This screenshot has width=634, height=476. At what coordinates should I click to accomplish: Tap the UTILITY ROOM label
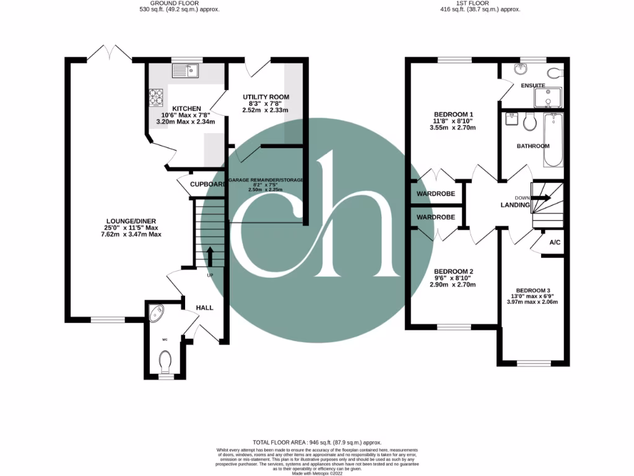[x=266, y=97]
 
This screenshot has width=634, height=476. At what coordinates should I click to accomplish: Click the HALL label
[x=205, y=307]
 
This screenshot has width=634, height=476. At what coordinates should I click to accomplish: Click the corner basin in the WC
[x=155, y=311]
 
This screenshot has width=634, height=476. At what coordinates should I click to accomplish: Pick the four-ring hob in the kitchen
[x=155, y=97]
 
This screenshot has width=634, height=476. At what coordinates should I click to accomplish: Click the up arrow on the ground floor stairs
[x=209, y=255]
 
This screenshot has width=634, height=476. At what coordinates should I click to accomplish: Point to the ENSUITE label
[x=532, y=86]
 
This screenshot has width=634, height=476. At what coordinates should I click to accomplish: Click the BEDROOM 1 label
[x=453, y=114]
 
